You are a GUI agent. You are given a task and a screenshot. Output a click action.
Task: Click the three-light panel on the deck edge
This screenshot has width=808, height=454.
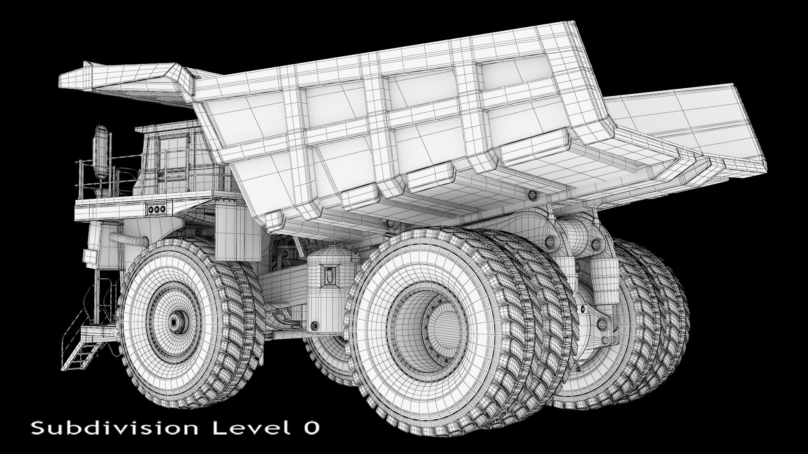[159, 208]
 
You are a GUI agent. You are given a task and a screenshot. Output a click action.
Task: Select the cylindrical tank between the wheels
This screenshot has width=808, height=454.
[328, 286]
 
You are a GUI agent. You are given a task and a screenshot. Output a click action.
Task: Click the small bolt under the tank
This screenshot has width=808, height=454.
[314, 326]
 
